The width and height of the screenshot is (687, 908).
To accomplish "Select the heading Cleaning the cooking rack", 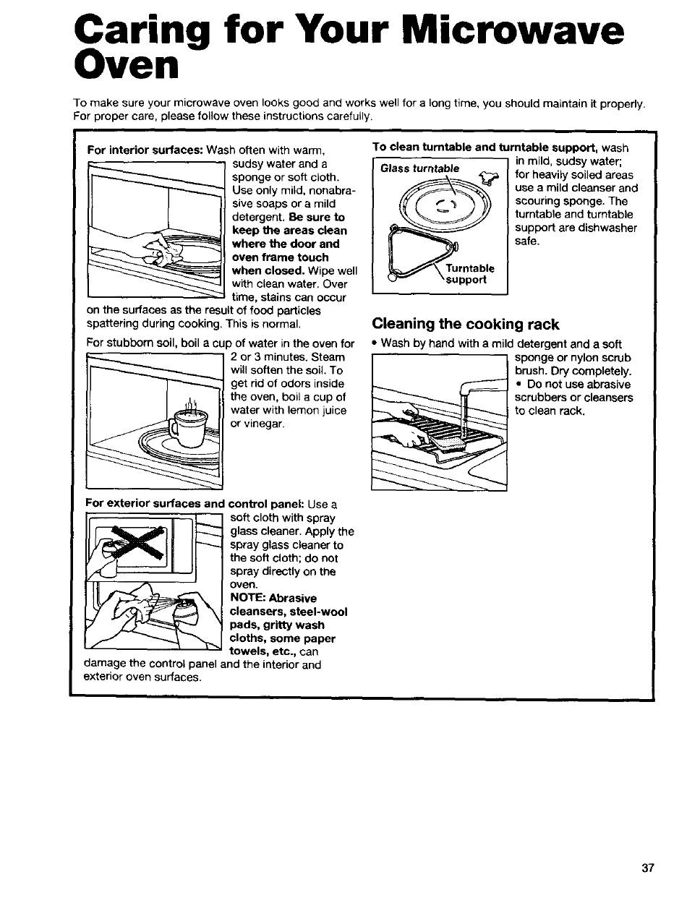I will (466, 324).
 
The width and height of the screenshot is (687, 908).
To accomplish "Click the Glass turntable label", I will (420, 168).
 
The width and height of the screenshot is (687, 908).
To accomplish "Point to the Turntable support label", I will (469, 274).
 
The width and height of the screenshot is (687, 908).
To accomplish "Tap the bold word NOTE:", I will (248, 598).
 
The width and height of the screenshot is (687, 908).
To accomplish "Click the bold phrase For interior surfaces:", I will (145, 150).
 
